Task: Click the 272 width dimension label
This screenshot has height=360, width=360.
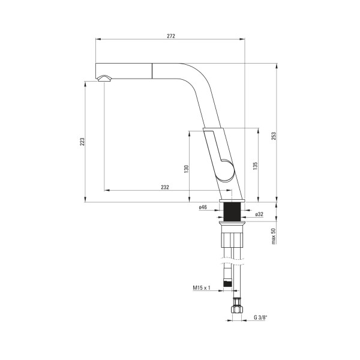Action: tap(171, 36)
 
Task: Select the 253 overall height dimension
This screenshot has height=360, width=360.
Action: tap(273, 136)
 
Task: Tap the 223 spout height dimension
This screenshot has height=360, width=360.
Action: tap(82, 142)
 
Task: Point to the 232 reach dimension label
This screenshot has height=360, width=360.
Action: tap(165, 187)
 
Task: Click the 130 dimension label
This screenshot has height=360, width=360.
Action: tap(186, 169)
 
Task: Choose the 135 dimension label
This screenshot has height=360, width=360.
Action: tap(255, 166)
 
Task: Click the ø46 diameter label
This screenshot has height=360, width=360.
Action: tap(203, 207)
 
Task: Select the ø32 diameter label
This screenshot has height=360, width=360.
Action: tap(259, 214)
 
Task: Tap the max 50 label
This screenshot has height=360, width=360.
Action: tap(273, 236)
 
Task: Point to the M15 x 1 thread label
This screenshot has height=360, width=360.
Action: tap(202, 287)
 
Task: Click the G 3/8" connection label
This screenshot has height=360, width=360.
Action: tap(261, 317)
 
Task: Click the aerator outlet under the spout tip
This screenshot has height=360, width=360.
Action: tap(104, 79)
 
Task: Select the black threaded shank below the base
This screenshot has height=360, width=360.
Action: tap(232, 212)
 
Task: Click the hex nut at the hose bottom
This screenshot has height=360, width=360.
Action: tap(237, 305)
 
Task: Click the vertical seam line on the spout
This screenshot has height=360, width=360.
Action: tap(152, 71)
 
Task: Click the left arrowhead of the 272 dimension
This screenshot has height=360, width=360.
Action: tap(98, 39)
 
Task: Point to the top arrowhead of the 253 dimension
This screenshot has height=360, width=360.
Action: tap(276, 65)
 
